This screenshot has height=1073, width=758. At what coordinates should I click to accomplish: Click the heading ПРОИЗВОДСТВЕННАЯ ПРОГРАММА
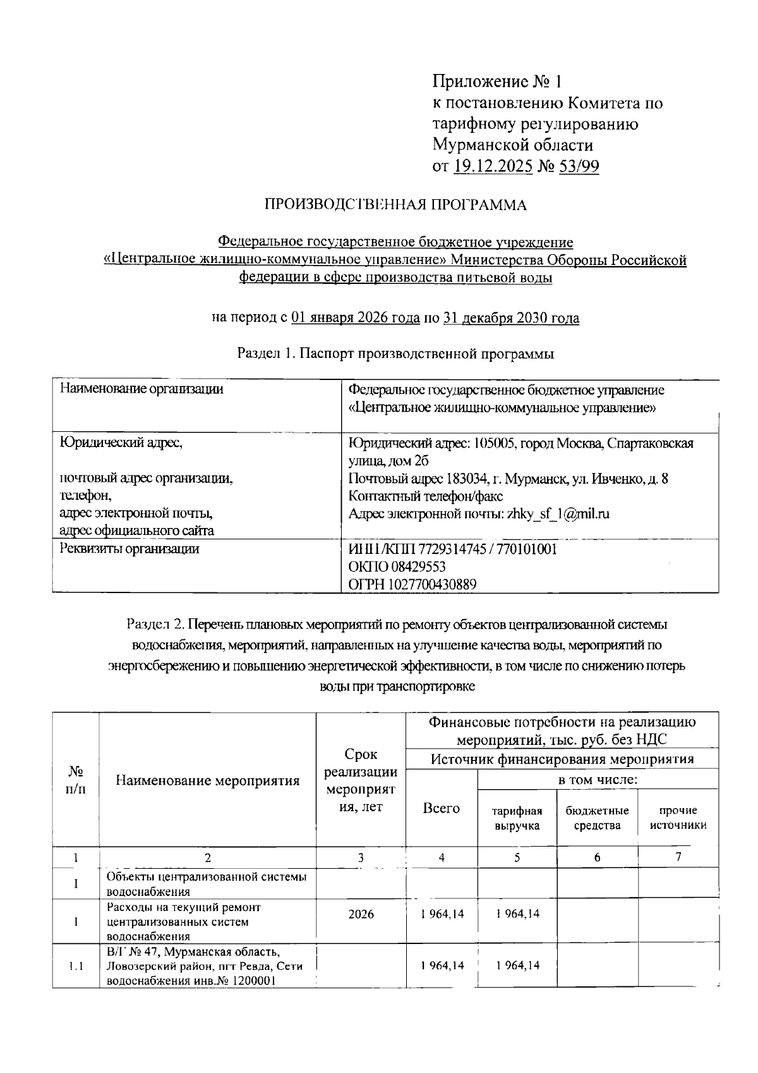point(395,205)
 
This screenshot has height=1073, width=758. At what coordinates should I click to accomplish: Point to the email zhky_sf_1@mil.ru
point(558,513)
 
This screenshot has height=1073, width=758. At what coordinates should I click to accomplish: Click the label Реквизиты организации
point(129,549)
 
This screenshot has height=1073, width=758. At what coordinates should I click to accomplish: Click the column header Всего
point(441,808)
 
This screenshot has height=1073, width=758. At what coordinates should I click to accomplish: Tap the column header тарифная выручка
point(517,818)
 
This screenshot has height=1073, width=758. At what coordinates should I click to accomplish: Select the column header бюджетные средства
point(597,818)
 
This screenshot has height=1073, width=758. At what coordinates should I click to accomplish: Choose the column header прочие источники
point(678,818)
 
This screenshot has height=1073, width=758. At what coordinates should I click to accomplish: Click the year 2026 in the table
point(361,914)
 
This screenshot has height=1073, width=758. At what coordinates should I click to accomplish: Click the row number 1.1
point(76,966)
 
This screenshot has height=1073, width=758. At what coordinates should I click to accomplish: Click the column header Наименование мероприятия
point(208,780)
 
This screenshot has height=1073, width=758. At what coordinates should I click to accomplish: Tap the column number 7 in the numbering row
point(678,857)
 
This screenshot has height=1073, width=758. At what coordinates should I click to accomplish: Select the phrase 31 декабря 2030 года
point(511,318)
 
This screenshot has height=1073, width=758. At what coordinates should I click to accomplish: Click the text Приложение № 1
point(496,82)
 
